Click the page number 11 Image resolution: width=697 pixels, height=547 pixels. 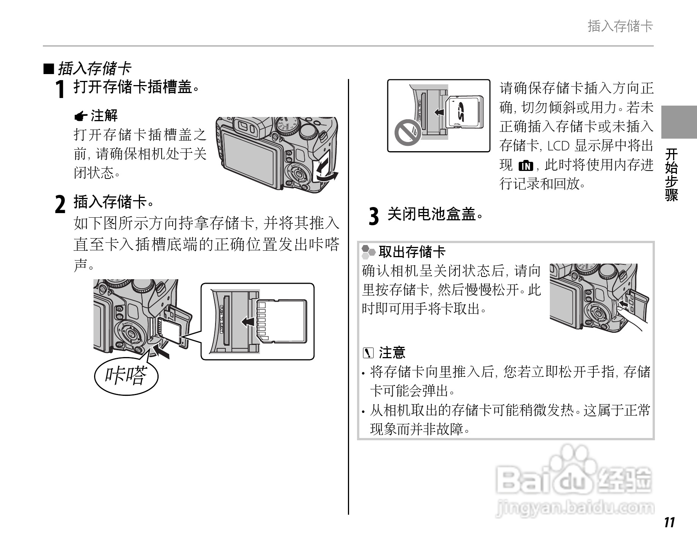tap(670, 522)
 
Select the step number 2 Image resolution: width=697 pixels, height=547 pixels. tap(60, 204)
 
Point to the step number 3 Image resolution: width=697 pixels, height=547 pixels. tap(374, 217)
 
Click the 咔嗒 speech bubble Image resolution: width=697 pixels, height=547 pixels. tap(126, 376)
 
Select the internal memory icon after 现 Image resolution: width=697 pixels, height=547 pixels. tap(526, 166)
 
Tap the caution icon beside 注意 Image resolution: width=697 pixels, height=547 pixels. tap(368, 353)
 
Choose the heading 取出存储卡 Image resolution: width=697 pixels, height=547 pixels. tap(412, 252)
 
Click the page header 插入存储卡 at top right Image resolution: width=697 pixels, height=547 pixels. tap(620, 26)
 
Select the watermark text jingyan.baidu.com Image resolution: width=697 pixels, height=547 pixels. tap(575, 508)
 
